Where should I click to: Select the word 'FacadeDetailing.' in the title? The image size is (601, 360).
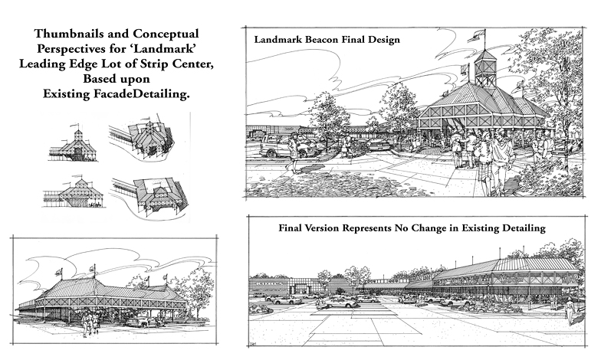coord(141,93)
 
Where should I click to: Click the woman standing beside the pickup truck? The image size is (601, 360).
coord(293,152)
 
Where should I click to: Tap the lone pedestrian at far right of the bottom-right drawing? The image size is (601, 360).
coord(570,309)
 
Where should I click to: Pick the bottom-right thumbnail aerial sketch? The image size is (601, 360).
coord(150,198)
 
